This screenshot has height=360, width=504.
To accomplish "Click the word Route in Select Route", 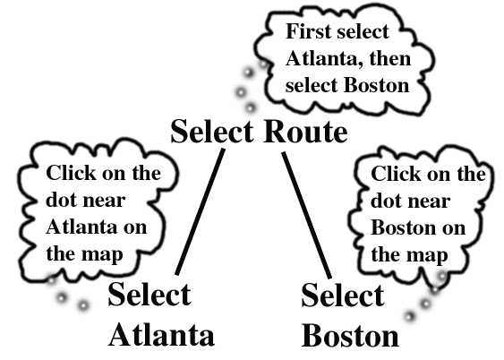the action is (x=305, y=132).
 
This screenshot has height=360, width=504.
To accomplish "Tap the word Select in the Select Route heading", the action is (x=212, y=132).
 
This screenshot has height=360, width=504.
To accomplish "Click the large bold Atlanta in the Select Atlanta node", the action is (x=161, y=335).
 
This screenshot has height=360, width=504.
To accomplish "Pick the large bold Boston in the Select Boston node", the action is (x=350, y=336).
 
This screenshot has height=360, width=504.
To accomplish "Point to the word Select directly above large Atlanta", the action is (x=149, y=294).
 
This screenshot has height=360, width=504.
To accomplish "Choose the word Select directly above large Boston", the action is (x=343, y=295).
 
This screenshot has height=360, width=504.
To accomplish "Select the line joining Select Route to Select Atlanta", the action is (x=200, y=212).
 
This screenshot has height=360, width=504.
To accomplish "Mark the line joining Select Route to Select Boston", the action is (x=307, y=215).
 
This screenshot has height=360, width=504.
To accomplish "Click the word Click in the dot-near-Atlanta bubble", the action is (x=71, y=173).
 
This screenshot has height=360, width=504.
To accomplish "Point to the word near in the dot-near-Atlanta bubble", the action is (x=104, y=201).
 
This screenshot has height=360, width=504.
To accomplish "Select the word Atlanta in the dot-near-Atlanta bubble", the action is (x=81, y=227).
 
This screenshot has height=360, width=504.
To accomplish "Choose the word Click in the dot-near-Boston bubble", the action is (x=396, y=174).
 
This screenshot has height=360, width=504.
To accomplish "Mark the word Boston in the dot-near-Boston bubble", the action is (x=403, y=227).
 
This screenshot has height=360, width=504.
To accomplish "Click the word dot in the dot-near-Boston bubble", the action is (x=384, y=201).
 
